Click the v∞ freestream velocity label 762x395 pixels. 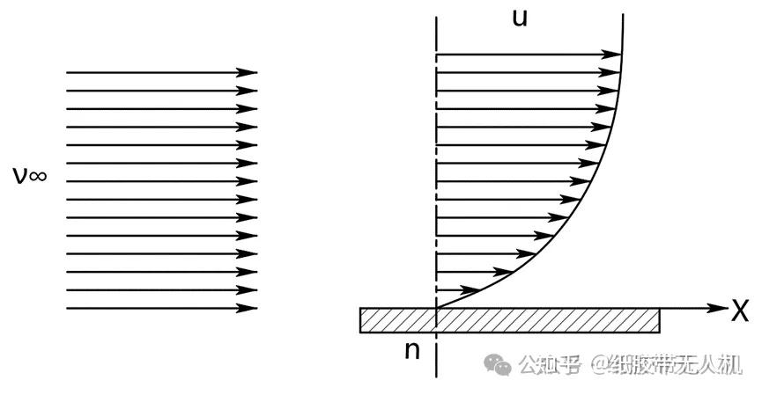click(x=29, y=176)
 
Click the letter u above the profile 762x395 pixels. click(x=520, y=18)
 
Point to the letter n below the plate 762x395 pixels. click(x=411, y=350)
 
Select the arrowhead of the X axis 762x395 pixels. click(x=715, y=309)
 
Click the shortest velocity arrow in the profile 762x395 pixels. click(x=457, y=289)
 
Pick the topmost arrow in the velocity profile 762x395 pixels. click(x=529, y=55)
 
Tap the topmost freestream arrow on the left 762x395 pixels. click(x=161, y=72)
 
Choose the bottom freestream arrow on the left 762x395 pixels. click(x=161, y=308)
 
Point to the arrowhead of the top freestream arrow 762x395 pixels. click(x=251, y=72)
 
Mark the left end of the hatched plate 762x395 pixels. click(x=361, y=320)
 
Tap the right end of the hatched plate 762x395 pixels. click(x=658, y=320)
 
